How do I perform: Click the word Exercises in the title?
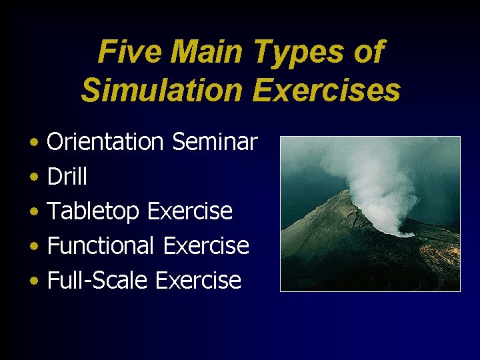pyautogui.click(x=326, y=91)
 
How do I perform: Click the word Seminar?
pyautogui.click(x=214, y=141)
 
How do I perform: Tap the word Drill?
pyautogui.click(x=67, y=177)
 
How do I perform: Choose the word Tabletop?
pyautogui.click(x=93, y=211)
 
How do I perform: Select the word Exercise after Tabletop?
pyautogui.click(x=189, y=211)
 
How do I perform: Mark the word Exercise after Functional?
pyautogui.click(x=206, y=246)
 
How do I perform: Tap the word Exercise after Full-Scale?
pyautogui.click(x=198, y=281)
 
